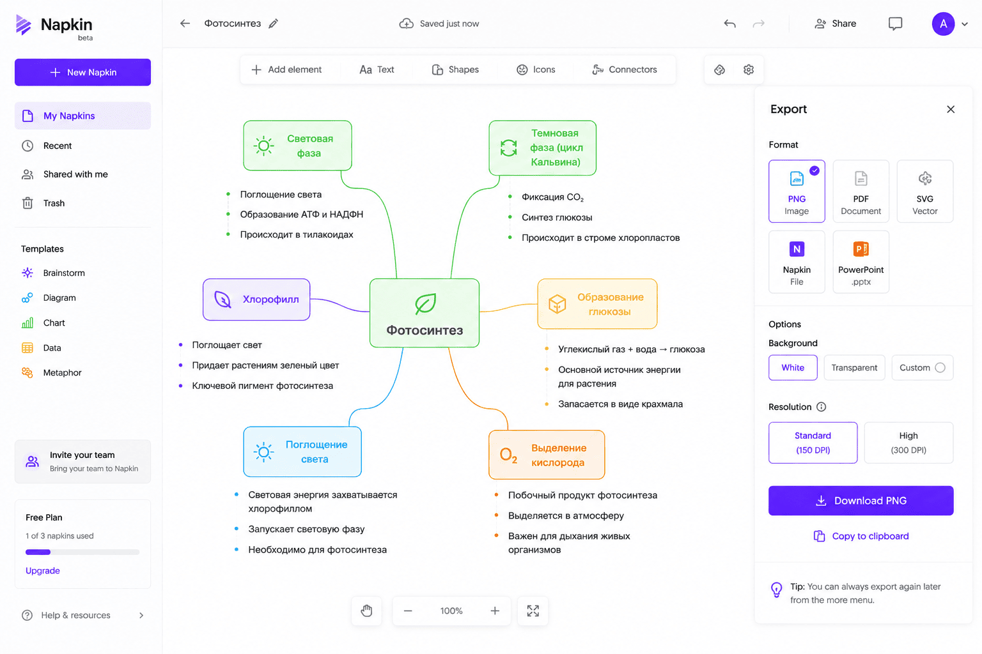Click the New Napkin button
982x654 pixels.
coord(82,72)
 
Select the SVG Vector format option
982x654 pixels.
coord(924,191)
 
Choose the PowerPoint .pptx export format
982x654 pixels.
coord(861,261)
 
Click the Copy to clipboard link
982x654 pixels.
coord(861,536)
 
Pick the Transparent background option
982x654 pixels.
coord(854,367)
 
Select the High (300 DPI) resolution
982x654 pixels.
coord(908,443)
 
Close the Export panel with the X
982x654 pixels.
coord(951,109)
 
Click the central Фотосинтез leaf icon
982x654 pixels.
coord(425,303)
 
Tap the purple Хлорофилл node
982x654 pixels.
coord(256,300)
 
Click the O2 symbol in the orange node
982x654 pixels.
coord(508,455)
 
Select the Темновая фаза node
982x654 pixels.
coord(542,148)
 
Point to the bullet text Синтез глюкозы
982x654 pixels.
coord(557,217)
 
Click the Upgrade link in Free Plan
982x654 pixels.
coord(43,570)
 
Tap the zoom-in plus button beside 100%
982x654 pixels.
coord(495,611)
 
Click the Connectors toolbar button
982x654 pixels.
coord(624,70)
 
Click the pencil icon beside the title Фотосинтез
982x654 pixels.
coord(274,24)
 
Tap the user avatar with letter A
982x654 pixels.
coord(943,24)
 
